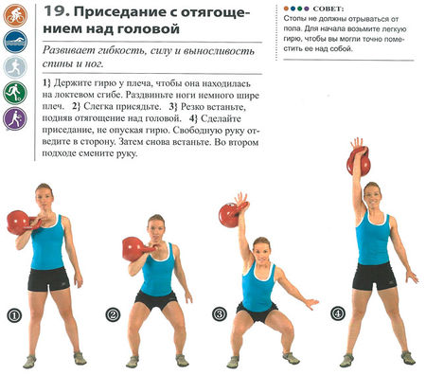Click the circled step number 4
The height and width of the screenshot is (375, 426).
coord(338,313)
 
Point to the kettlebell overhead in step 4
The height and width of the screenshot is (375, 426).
coord(359,161)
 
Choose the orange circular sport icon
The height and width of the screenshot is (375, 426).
coord(14,16)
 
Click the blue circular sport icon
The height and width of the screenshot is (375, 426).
coord(14,42)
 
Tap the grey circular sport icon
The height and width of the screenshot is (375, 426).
coord(14,67)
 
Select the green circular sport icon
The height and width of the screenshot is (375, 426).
coord(14,93)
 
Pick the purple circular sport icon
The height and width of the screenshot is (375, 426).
coord(14,118)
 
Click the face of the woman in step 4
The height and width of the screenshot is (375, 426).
coord(371,196)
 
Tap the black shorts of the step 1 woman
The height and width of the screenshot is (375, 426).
coord(47,278)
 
